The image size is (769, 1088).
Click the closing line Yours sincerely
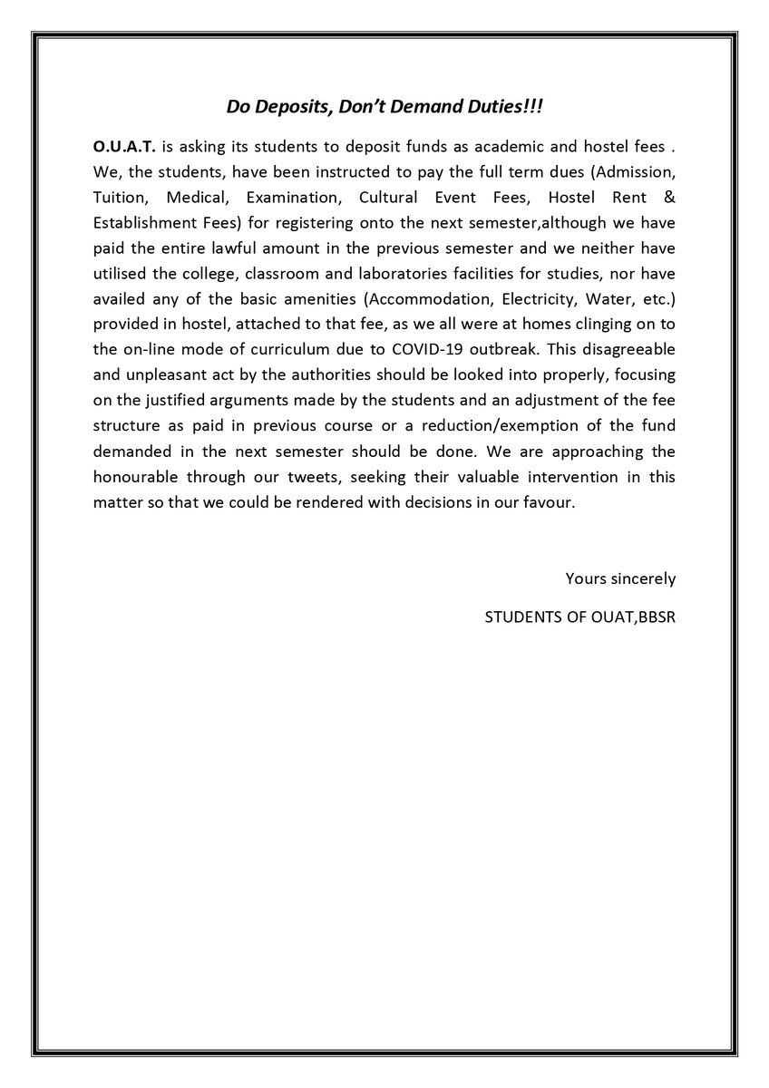620,578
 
